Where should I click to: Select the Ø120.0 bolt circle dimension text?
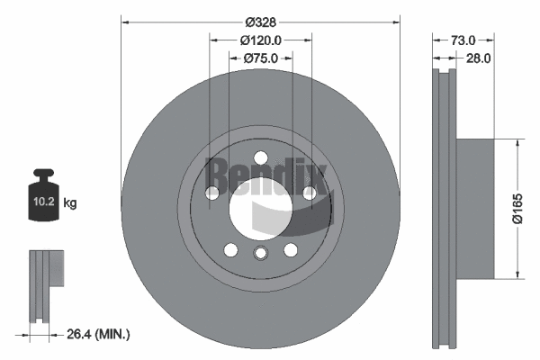261,40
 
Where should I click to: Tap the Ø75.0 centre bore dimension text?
261,58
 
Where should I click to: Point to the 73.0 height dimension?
462,40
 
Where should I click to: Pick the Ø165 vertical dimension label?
517,209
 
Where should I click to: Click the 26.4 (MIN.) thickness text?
100,335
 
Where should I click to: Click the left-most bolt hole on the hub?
211,193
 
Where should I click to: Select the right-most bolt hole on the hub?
310,193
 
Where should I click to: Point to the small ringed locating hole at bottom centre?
260,253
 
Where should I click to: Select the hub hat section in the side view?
475,209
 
